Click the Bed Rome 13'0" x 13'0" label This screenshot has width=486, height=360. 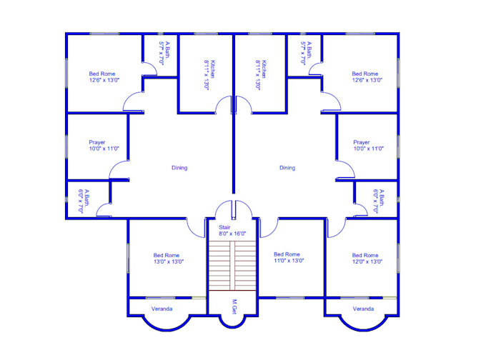click(x=167, y=259)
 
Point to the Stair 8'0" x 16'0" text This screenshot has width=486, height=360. click(x=232, y=230)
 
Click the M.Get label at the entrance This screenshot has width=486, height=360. click(x=234, y=307)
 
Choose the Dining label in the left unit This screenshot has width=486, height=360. click(x=179, y=168)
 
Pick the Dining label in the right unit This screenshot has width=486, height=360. click(x=287, y=168)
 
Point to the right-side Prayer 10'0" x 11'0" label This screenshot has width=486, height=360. click(x=368, y=146)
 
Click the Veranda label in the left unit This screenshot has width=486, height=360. click(x=162, y=309)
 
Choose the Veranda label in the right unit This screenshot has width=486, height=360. click(x=363, y=309)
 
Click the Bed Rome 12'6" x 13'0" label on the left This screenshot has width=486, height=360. click(x=102, y=77)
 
